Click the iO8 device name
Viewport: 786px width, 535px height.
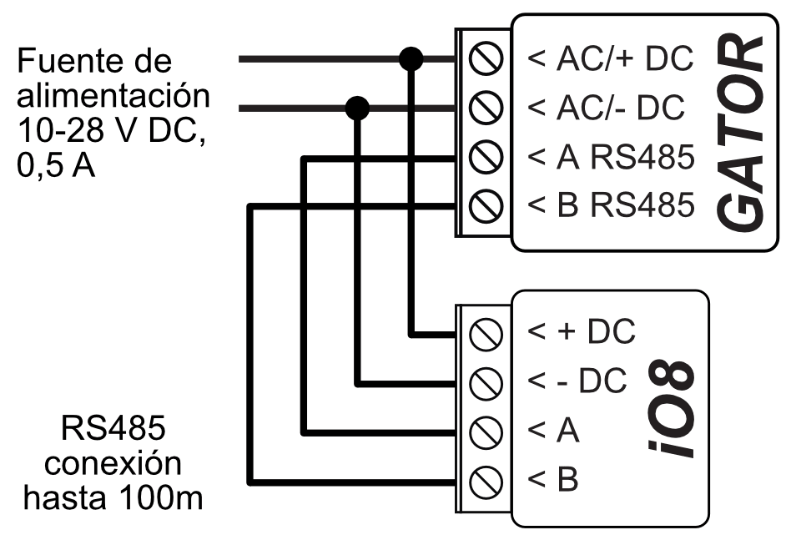671,406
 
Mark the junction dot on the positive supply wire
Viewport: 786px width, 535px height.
411,59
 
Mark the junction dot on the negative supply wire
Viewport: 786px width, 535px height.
358,108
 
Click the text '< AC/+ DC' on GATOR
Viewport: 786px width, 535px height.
611,60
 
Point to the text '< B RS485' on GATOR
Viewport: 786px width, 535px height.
611,204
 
